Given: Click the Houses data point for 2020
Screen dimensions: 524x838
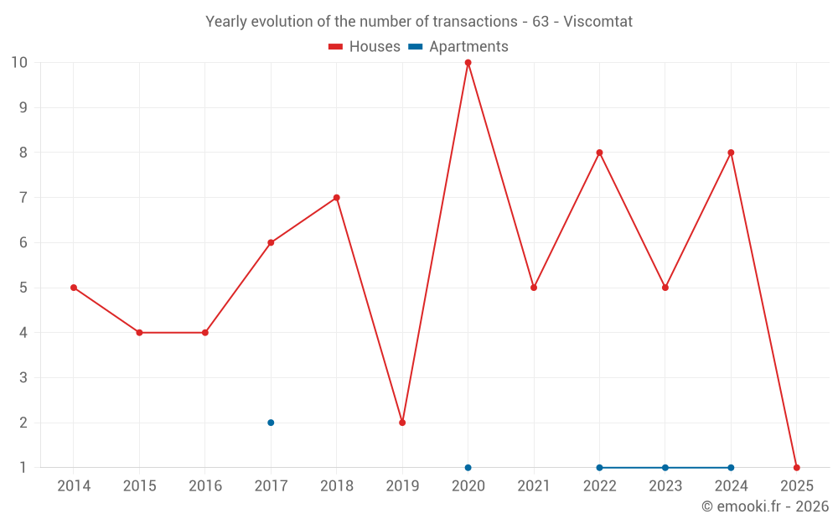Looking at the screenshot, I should [x=468, y=62].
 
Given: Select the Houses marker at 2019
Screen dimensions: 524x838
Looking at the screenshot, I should [x=402, y=423].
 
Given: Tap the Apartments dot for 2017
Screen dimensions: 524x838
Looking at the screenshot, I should [x=271, y=423].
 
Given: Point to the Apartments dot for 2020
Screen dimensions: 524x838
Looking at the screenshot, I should [x=468, y=468].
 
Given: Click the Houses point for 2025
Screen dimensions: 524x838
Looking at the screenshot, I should [x=796, y=468].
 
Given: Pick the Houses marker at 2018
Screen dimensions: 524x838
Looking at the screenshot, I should [x=336, y=198].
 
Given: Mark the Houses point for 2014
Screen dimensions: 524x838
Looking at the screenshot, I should [x=74, y=288].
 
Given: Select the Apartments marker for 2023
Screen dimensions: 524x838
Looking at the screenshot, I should [x=665, y=468].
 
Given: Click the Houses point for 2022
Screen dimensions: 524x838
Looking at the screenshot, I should [x=599, y=153].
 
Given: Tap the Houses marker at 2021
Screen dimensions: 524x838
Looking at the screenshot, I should [x=534, y=288].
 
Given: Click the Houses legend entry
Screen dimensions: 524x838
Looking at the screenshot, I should [x=365, y=47].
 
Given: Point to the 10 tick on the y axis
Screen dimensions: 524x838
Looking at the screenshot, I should [x=19, y=62].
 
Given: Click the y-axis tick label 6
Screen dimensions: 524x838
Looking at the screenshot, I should [x=23, y=243].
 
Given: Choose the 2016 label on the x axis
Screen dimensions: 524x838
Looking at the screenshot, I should [x=205, y=486].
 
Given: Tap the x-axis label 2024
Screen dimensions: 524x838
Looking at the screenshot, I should [x=731, y=486].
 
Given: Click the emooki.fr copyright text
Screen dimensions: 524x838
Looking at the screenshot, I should [x=765, y=506].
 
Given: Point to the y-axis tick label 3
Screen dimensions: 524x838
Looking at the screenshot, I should [x=23, y=378].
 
